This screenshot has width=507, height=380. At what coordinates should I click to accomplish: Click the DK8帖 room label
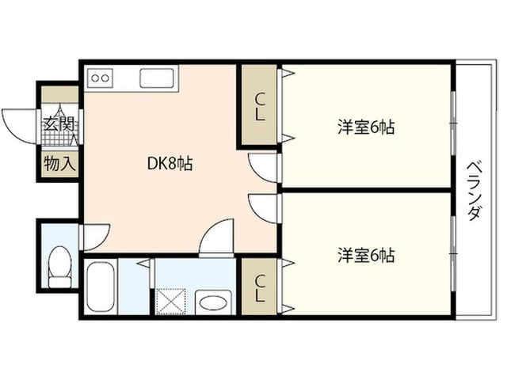click(170, 164)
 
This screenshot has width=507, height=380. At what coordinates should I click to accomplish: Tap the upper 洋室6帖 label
click(366, 127)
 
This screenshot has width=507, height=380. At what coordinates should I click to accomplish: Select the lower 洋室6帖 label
click(366, 255)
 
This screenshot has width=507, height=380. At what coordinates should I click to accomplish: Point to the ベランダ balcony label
click(474, 192)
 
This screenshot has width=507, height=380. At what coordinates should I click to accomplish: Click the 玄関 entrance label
click(59, 123)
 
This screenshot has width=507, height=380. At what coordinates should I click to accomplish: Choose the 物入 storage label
click(60, 163)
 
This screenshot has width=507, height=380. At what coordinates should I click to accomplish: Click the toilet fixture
click(59, 267)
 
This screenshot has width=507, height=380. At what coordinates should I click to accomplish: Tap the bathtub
click(101, 287)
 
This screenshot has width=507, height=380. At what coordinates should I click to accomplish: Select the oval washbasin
click(213, 302)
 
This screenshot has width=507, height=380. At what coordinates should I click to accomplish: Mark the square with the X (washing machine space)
click(171, 301)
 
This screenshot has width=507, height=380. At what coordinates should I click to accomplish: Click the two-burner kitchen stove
click(100, 78)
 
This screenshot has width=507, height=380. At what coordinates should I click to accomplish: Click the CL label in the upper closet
click(260, 107)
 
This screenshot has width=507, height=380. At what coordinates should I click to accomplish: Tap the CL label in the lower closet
click(260, 288)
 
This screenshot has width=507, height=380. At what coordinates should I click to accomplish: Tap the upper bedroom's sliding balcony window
click(453, 123)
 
